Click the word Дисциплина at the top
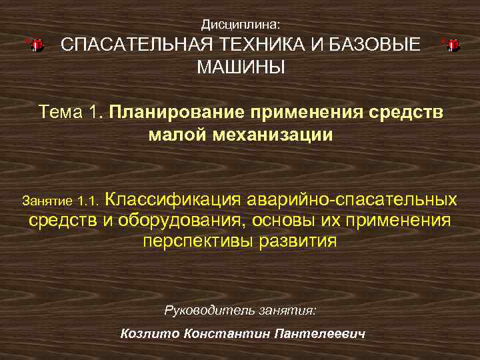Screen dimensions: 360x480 coord(239,25)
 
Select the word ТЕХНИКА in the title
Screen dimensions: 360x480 coord(253,45)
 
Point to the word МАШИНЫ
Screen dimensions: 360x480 coord(240,67)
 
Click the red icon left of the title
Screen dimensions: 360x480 coord(36,45)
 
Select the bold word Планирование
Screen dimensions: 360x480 coord(173,111)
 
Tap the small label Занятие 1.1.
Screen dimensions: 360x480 coord(61,200)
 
